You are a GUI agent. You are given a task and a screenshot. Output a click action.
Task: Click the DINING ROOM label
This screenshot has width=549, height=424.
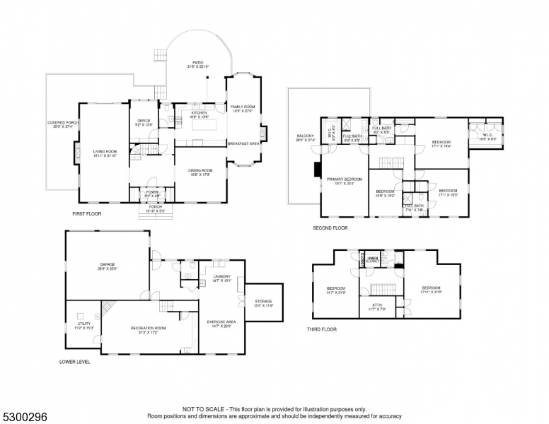(200, 172)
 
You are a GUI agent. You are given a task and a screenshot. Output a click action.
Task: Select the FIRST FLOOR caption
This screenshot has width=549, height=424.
(88, 213)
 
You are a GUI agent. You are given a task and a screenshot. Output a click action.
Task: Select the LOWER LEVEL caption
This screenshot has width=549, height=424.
(75, 362)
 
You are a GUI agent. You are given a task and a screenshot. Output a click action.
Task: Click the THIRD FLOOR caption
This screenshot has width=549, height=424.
(321, 329)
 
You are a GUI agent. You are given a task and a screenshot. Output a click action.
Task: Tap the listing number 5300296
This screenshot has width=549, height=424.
(24, 417)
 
